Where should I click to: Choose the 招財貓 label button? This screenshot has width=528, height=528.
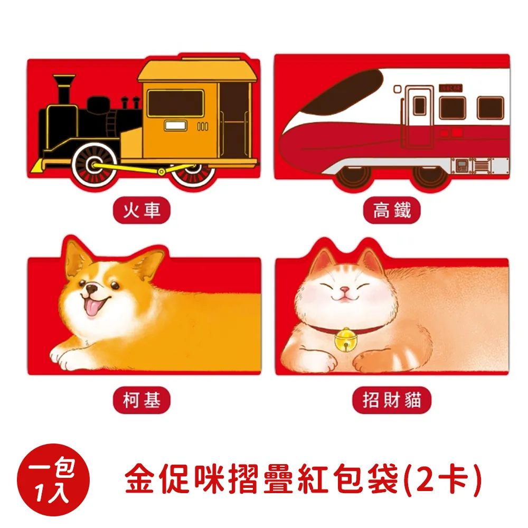[x=392, y=402]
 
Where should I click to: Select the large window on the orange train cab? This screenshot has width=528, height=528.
[x=175, y=103]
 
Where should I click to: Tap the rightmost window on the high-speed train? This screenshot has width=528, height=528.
[x=490, y=108]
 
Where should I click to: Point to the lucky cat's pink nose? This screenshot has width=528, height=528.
[x=344, y=291]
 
